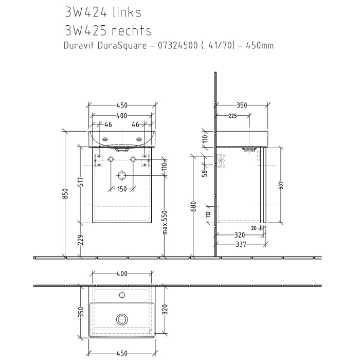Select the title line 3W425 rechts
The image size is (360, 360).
(109, 30)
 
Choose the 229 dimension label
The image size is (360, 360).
(80, 240)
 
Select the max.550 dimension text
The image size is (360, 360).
(165, 222)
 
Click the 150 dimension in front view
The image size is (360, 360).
(121, 189)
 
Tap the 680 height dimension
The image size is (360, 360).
(193, 206)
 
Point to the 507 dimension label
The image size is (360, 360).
(281, 185)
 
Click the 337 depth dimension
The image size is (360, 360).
(240, 245)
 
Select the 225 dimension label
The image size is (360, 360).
(232, 116)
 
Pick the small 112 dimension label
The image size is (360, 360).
(208, 214)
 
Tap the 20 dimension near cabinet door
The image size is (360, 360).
(254, 228)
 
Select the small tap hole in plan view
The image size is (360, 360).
(122, 295)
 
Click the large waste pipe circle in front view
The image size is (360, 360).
(122, 175)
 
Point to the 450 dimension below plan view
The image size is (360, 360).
(122, 353)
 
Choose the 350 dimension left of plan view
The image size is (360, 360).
(80, 312)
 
